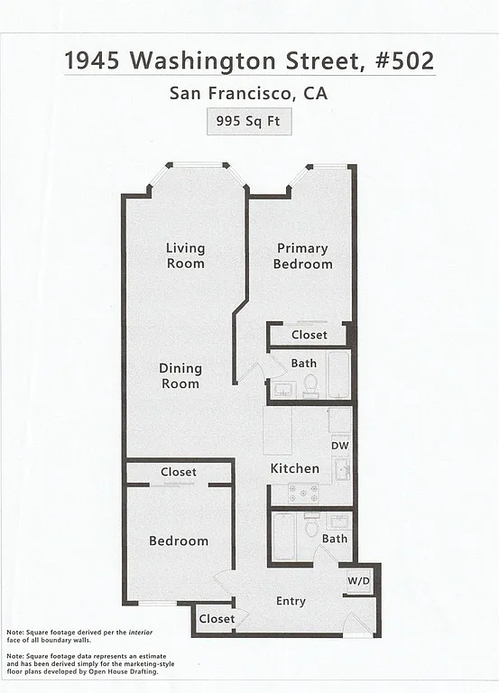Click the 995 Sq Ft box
(249, 121)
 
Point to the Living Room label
(185, 255)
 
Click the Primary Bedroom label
(303, 255)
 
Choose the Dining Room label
(180, 375)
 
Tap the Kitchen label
(295, 468)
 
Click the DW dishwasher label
(340, 445)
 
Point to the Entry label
(291, 601)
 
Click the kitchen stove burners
(303, 493)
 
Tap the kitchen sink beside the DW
(343, 468)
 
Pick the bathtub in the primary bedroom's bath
(338, 374)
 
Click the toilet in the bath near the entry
(311, 526)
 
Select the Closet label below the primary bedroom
(310, 335)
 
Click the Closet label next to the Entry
(217, 619)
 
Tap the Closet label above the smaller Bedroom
(179, 472)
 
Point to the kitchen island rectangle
(278, 430)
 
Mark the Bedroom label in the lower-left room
(179, 541)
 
